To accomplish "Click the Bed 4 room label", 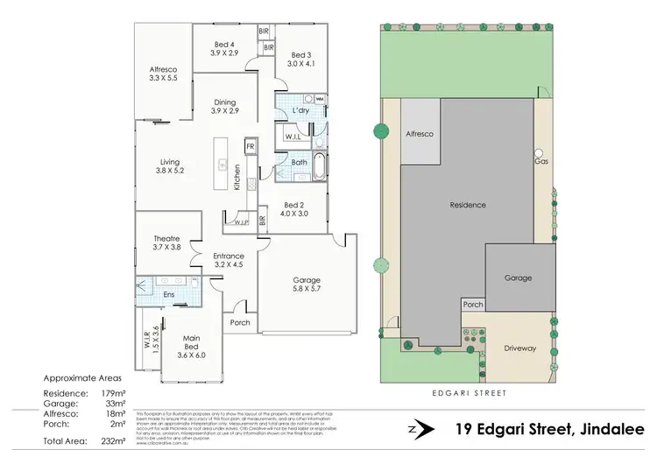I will point(224,48).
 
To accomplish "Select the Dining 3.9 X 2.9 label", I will point(224,106).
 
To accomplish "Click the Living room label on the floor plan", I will point(169,165).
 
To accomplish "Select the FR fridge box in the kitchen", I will point(250,146).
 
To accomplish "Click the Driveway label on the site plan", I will point(519,348).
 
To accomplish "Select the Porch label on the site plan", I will point(472,305).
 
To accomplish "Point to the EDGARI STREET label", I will point(470,393).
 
